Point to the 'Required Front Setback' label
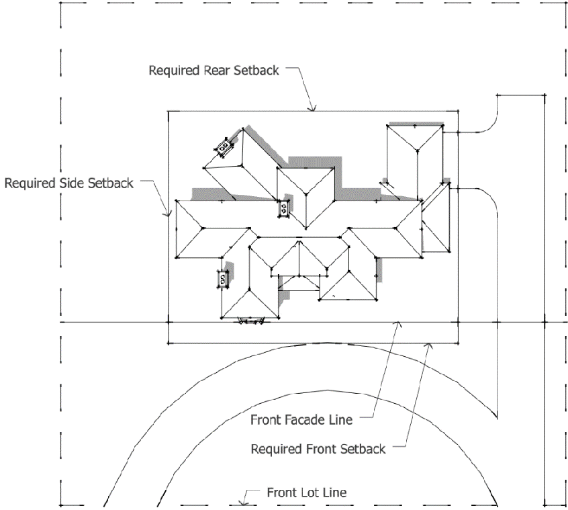pos(318,448)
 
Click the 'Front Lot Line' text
pos(307,493)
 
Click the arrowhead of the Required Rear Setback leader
pos(311,109)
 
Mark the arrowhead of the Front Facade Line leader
pos(401,324)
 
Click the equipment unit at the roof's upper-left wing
pos(224,145)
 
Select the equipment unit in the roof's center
pos(284,209)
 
